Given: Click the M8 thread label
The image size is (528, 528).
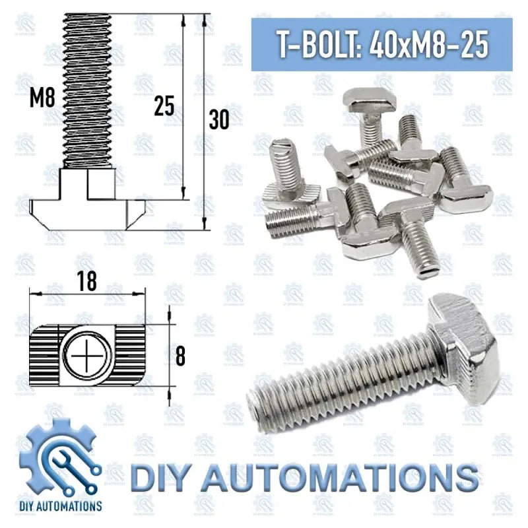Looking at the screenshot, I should click(42, 99).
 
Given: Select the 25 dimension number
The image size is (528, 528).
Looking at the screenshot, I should click(164, 106).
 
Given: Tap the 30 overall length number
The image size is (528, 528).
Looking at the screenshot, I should click(218, 120).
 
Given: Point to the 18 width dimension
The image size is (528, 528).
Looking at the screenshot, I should click(86, 281).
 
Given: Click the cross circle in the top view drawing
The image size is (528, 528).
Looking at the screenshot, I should click(86, 356).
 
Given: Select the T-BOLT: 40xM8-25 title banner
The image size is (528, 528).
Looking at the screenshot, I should click(382, 45).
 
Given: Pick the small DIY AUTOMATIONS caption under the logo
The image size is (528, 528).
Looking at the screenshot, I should click(60, 506).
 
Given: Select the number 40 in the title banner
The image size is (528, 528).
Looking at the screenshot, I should click(391, 46).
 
